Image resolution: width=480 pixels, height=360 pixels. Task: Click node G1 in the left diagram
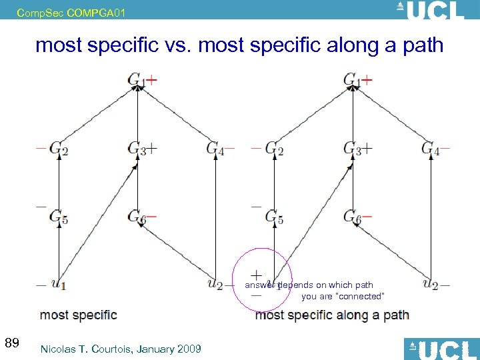(x=136, y=80)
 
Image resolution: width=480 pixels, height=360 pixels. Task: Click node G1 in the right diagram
(x=351, y=80)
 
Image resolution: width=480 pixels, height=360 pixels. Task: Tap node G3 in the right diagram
(x=351, y=149)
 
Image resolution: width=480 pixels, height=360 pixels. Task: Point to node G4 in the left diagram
(x=215, y=148)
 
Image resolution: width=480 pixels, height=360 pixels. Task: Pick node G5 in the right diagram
(x=274, y=216)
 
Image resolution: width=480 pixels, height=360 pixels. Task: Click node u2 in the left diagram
(x=215, y=284)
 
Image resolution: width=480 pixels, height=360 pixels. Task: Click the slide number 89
(x=11, y=343)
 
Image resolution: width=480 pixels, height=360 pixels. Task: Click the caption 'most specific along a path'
(x=332, y=315)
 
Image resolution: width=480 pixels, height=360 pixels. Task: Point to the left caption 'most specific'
(x=78, y=315)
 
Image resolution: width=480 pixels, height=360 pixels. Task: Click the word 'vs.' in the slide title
(x=179, y=45)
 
